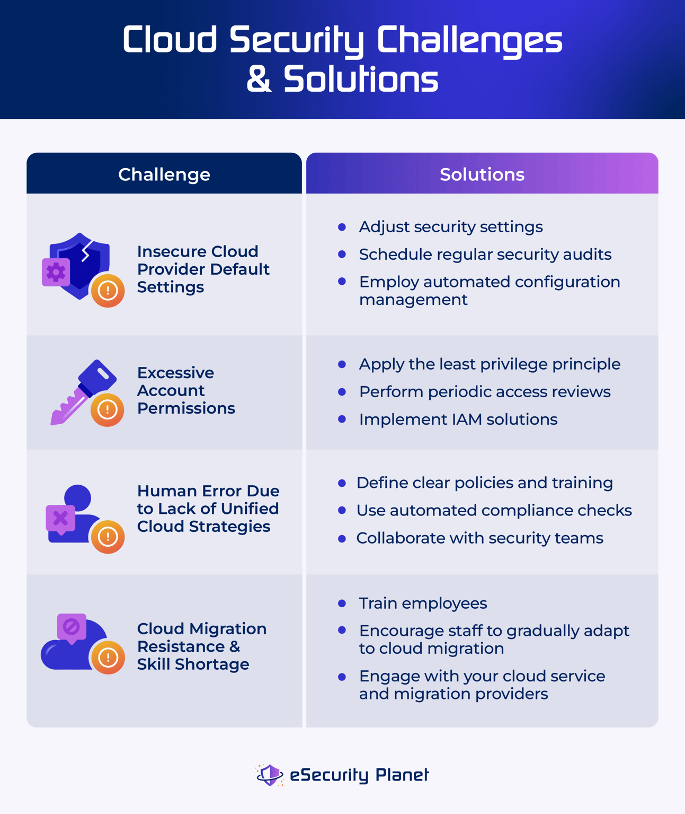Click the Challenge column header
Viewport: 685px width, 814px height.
(164, 174)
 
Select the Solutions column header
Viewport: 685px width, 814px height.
(482, 174)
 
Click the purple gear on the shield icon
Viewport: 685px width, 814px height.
(56, 273)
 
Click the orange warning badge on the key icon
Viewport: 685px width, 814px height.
(108, 410)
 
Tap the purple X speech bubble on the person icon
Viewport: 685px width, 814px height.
(60, 519)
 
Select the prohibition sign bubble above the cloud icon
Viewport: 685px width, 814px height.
(72, 627)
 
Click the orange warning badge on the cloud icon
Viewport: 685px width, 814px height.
(108, 658)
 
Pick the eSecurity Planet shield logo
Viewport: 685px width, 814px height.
(270, 775)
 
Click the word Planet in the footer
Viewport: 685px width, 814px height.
(402, 775)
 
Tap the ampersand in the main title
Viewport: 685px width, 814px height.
(259, 80)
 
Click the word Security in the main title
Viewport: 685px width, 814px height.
(297, 40)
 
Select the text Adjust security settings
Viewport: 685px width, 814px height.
(451, 227)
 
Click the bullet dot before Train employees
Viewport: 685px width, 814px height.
(342, 603)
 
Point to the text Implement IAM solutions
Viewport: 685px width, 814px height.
(458, 419)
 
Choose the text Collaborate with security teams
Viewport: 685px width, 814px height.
(479, 538)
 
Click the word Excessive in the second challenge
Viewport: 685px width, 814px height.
(175, 373)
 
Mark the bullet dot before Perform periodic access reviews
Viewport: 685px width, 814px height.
(342, 392)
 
